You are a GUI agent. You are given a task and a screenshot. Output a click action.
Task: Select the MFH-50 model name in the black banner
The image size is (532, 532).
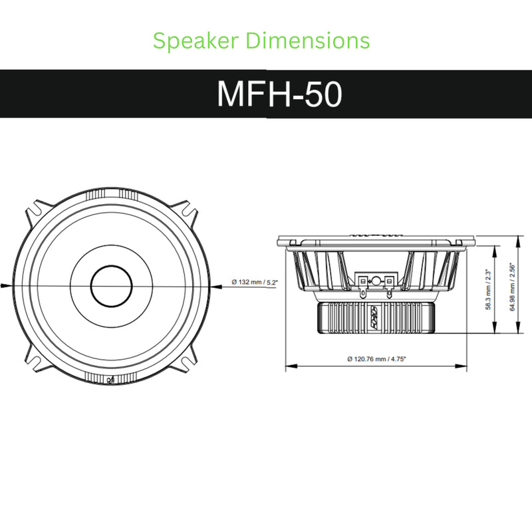tap(279, 94)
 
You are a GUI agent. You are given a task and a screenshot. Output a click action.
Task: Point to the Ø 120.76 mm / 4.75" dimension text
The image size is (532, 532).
tap(376, 358)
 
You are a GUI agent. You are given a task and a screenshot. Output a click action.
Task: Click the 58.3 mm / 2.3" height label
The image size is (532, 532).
tap(488, 289)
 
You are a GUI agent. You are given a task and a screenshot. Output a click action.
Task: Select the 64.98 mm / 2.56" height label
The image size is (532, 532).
tap(512, 287)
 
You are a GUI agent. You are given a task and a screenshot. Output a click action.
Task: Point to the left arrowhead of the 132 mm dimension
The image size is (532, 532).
tap(5, 285)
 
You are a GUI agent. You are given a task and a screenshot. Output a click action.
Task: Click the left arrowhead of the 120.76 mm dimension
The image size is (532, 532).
tap(289, 366)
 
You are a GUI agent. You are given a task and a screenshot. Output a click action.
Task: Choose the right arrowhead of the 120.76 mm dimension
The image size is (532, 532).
tap(464, 366)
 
